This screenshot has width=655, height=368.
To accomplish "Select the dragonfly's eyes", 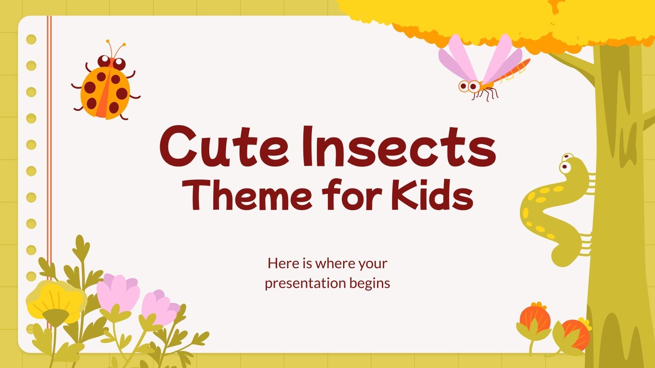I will (x=469, y=86).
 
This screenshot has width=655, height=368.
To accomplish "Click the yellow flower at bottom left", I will (x=55, y=301).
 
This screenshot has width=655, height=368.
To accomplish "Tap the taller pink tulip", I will (x=118, y=292).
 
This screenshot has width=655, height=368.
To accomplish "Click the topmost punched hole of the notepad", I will (x=31, y=40).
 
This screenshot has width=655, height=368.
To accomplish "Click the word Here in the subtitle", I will (x=283, y=263).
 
